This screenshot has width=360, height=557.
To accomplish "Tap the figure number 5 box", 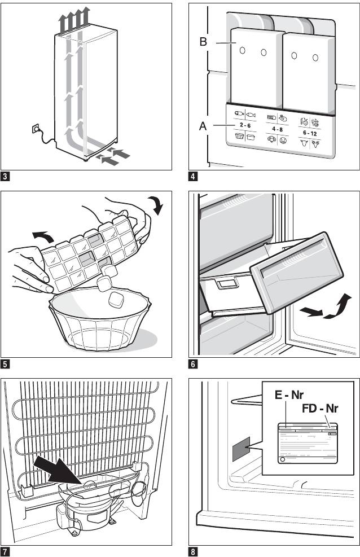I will point(5,364).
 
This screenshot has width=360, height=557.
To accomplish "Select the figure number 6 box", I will point(193,364).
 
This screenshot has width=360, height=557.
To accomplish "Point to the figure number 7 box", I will point(5,551).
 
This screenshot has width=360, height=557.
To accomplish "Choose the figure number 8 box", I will point(193,551).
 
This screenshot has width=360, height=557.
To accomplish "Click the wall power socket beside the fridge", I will point(37,129).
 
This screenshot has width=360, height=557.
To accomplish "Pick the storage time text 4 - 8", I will point(276,129).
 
